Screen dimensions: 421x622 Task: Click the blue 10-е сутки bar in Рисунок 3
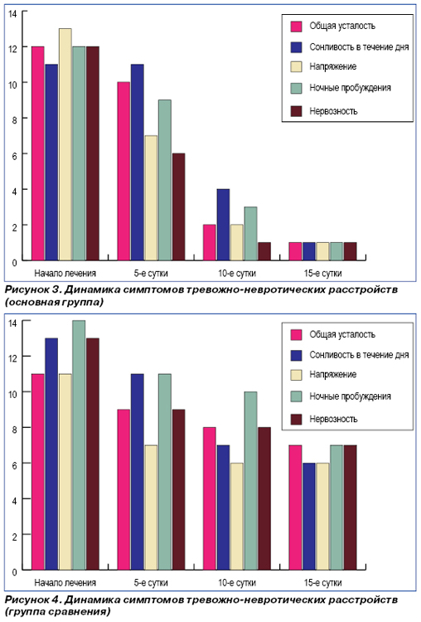tap(223, 225)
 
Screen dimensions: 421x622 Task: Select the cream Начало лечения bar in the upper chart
tap(65, 144)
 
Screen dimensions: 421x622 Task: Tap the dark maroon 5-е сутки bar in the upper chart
tap(178, 207)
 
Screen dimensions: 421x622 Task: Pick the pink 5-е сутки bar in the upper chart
tap(123, 172)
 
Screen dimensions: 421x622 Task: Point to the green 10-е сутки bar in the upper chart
tap(250, 234)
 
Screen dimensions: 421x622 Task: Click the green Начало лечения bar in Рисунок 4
tap(79, 445)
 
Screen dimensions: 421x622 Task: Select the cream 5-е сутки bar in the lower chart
tap(151, 508)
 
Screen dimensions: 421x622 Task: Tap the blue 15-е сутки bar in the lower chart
tap(309, 517)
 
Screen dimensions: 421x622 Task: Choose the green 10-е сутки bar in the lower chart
tap(250, 481)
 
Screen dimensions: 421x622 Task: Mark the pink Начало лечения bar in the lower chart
tap(38, 472)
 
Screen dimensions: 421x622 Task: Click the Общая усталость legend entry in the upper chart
tap(333, 27)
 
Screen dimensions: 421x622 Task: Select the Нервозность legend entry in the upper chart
tap(324, 111)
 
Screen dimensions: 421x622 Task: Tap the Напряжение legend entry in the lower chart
tap(323, 375)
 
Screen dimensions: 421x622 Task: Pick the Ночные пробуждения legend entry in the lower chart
tap(341, 396)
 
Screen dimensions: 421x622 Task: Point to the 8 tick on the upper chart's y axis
tap(15, 119)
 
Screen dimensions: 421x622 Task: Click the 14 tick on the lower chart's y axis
tap(13, 322)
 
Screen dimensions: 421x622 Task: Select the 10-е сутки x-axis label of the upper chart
tap(237, 274)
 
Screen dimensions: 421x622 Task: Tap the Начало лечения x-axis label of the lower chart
tap(65, 583)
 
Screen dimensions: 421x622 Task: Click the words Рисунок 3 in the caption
tap(32, 290)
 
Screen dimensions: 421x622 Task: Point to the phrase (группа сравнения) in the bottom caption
tap(57, 612)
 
